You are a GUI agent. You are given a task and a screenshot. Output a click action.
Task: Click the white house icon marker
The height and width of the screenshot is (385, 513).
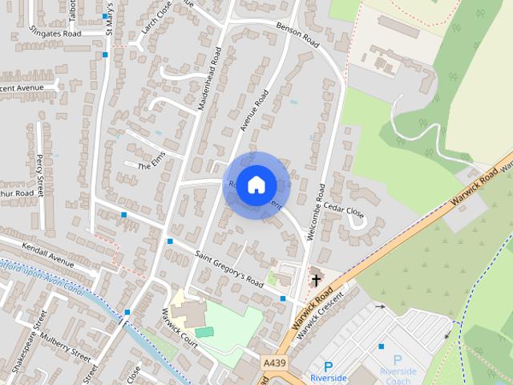[x=256, y=184]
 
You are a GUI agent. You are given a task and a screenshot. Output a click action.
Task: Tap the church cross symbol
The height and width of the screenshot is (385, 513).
[x=316, y=280]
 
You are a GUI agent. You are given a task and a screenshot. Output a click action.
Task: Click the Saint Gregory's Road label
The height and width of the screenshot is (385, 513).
[x=228, y=269]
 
